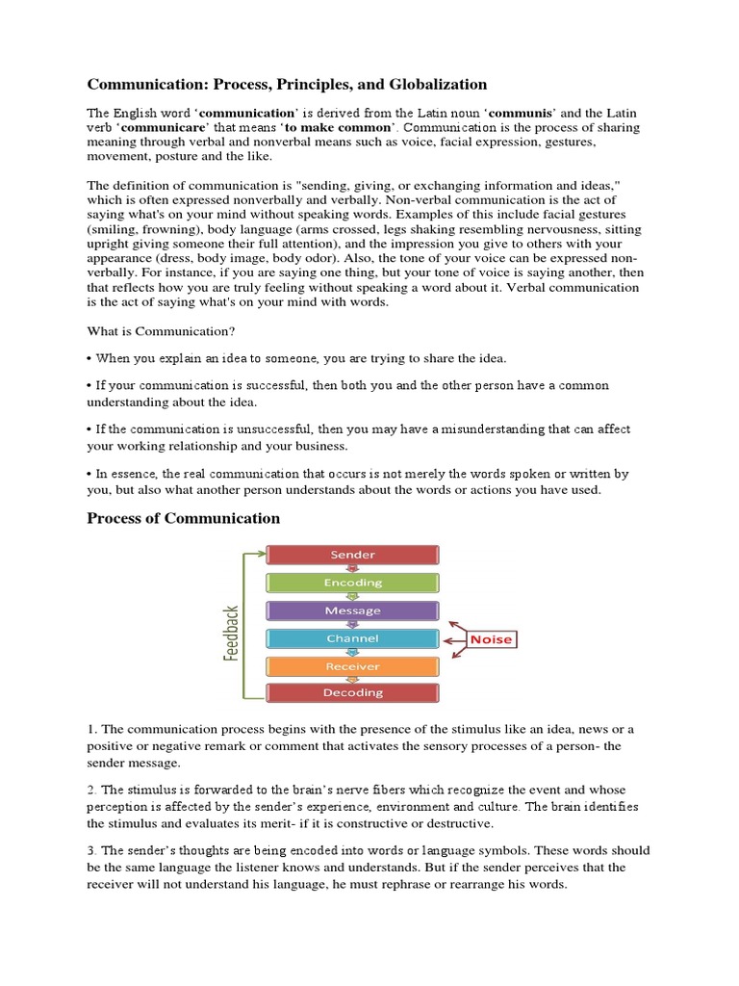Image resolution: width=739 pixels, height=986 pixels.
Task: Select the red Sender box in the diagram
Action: click(352, 555)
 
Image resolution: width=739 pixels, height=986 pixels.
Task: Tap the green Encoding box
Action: click(352, 583)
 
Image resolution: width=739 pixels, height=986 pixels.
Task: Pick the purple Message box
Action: click(352, 610)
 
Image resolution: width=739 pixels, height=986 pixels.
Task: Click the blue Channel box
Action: click(352, 638)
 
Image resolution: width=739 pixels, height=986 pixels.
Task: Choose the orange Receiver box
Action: click(352, 666)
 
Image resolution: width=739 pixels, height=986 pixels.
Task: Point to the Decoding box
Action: click(352, 692)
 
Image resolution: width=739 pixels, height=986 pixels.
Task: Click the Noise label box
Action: click(491, 639)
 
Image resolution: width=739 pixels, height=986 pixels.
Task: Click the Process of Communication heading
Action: click(183, 518)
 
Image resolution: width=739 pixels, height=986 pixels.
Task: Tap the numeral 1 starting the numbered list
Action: click(90, 729)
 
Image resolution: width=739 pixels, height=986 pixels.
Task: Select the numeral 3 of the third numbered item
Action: click(90, 850)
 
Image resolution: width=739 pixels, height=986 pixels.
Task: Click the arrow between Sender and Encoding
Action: click(352, 569)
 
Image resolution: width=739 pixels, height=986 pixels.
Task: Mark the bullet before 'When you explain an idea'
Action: click(89, 359)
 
